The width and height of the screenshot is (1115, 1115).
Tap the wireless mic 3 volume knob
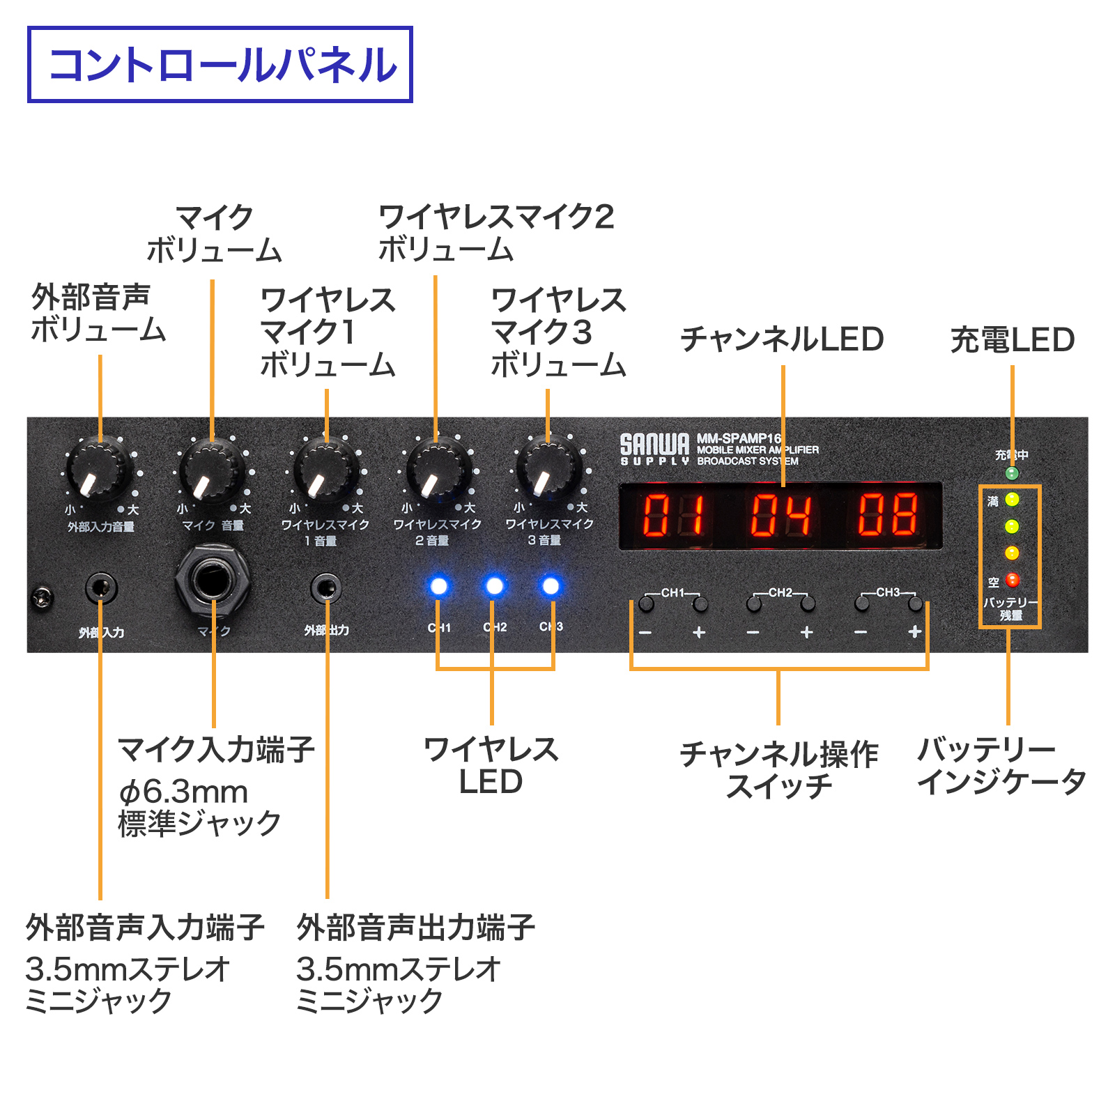(548, 468)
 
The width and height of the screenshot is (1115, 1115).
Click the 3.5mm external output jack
(325, 589)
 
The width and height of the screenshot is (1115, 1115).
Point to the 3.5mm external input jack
(101, 589)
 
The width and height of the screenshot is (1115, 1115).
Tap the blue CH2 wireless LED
(494, 586)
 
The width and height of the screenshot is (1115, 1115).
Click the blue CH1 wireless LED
(439, 586)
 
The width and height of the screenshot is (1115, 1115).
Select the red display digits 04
(780, 515)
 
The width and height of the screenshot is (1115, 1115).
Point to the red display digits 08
(888, 515)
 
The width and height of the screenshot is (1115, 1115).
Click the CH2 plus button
(808, 603)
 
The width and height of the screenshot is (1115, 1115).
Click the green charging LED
(1013, 474)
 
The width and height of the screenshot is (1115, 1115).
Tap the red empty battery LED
(1013, 580)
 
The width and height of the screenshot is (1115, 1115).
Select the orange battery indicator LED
(1012, 553)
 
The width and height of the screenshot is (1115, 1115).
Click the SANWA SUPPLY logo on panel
(654, 449)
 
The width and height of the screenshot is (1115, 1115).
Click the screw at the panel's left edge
(43, 597)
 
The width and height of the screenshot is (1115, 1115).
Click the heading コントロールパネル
(221, 65)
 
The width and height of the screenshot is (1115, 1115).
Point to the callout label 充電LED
(1013, 340)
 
